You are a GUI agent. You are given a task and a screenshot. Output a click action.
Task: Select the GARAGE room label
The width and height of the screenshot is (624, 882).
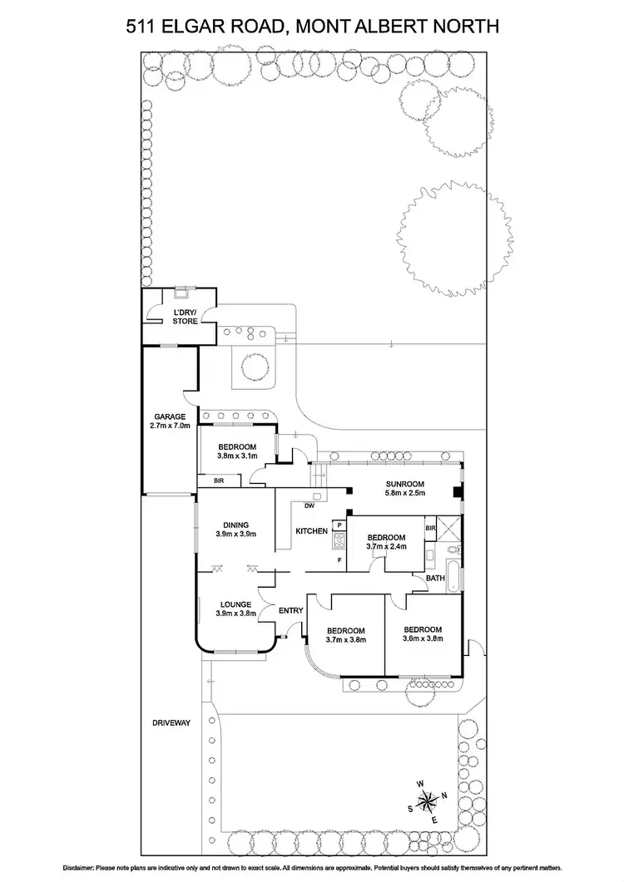(169, 416)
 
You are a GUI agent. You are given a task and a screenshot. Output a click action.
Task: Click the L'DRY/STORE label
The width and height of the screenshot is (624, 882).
(185, 315)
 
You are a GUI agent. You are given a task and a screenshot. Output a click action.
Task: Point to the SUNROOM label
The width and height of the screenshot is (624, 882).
(405, 484)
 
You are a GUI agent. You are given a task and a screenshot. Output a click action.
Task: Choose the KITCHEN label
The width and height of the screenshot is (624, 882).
(312, 530)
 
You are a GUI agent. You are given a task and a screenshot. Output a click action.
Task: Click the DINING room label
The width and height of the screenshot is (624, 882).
(235, 524)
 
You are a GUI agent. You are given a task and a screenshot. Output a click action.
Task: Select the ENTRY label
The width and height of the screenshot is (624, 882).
(290, 611)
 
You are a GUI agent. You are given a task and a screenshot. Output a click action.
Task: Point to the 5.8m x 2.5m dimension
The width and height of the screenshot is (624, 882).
(405, 493)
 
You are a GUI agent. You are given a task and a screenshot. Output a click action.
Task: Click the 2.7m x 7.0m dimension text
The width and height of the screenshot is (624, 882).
(169, 426)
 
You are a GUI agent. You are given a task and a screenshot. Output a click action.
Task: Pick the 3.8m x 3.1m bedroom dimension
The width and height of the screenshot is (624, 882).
(237, 456)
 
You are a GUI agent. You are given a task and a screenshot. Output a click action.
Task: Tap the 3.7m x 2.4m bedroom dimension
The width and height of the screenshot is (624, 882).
(387, 547)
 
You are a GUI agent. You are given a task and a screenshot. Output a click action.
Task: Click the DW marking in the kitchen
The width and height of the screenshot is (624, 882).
(309, 505)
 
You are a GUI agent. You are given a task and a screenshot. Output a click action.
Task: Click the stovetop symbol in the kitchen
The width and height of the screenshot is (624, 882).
(339, 541)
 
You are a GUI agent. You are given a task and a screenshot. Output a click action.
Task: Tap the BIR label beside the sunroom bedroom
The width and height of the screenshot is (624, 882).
(430, 528)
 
